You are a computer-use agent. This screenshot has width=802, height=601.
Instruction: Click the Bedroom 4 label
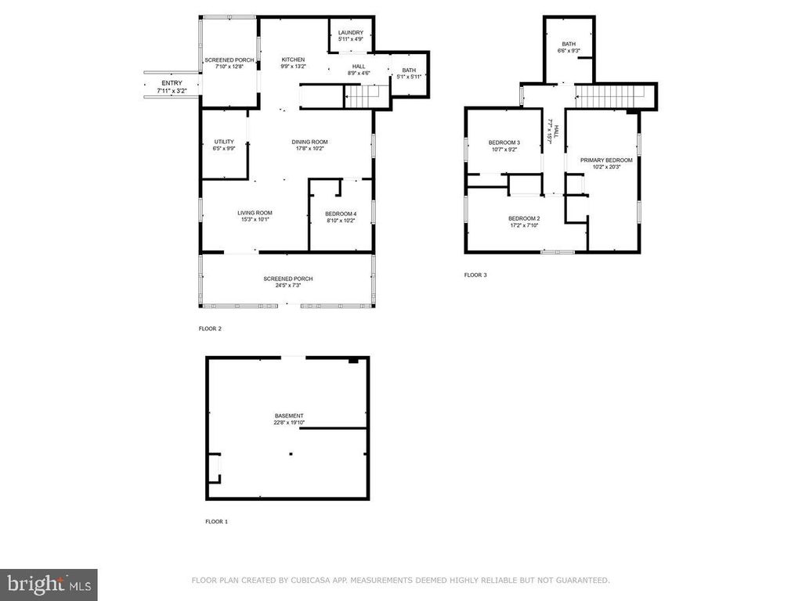pyautogui.click(x=341, y=216)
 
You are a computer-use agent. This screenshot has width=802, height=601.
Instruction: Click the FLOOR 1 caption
pyautogui.click(x=216, y=521)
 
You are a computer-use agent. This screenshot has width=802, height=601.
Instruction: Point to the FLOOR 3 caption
pyautogui.click(x=475, y=275)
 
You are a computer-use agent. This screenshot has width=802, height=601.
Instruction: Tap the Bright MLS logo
pyautogui.click(x=49, y=585)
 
